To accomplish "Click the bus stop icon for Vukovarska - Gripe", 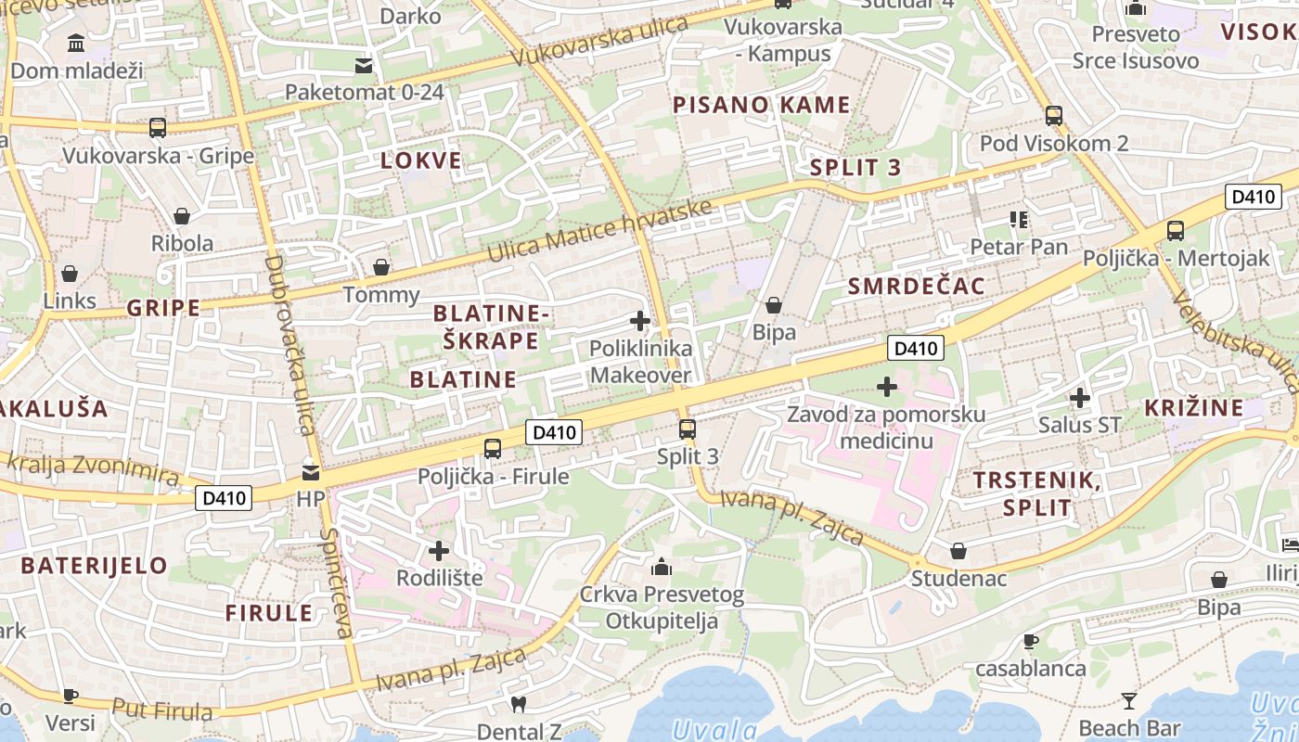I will [158, 128].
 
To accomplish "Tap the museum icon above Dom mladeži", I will [76, 43].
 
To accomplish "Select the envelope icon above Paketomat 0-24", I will [364, 66].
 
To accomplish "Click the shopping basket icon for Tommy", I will [380, 268].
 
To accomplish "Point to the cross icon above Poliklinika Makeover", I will [639, 322].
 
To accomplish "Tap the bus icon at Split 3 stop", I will [687, 429].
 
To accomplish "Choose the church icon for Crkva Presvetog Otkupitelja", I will [662, 567].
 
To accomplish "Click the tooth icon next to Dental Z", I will [519, 705].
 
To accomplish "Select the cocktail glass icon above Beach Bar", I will [1129, 701].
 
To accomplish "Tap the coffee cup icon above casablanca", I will [1030, 641].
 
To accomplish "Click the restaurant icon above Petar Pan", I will [1019, 220].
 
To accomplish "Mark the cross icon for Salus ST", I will [1079, 399].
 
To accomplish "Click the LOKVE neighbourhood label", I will [421, 160].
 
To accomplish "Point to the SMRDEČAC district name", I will [916, 287].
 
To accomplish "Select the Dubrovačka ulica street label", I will [289, 345].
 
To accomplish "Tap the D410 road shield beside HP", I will [224, 499].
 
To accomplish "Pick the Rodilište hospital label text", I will [439, 578].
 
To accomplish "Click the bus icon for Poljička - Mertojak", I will [1176, 231].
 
